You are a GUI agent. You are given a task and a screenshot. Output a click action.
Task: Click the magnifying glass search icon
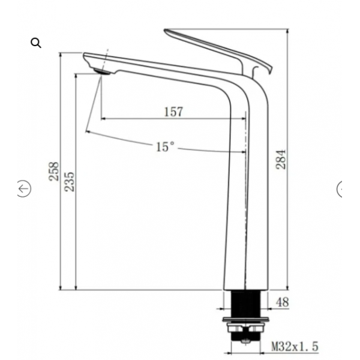coord(36,43)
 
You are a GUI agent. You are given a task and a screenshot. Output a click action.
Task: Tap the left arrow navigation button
coord(24,189)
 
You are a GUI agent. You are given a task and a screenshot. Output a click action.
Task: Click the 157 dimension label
coord(174,112)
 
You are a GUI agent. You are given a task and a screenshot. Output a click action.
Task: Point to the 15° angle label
coord(165,147)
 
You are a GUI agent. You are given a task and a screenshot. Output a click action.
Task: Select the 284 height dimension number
coord(281,160)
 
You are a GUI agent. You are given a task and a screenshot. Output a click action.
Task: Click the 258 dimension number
coord(54,171)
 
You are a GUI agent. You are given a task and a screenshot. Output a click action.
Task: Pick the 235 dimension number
coord(70,182)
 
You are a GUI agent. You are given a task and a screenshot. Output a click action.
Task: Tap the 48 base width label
coord(282,302)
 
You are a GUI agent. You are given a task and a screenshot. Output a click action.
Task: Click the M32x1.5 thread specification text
coord(295,346)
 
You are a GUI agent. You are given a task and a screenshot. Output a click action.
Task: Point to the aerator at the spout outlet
coord(102,71)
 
